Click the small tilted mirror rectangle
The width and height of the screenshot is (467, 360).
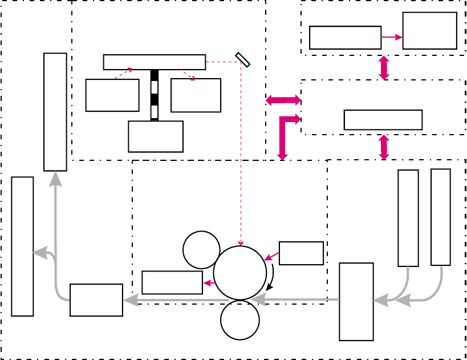(243, 60)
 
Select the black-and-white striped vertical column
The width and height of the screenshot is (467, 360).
(155, 95)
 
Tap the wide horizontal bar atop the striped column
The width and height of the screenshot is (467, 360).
(154, 62)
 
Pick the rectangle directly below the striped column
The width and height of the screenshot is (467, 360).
(156, 136)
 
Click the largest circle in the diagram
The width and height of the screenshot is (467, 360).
(240, 272)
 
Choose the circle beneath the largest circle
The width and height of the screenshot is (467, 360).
(240, 320)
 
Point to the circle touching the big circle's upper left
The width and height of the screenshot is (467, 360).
(201, 249)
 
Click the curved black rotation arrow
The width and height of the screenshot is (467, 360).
(271, 277)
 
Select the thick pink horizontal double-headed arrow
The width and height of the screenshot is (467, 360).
(283, 100)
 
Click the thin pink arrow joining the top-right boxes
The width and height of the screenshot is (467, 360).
(392, 38)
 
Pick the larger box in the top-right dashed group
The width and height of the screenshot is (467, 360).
(429, 31)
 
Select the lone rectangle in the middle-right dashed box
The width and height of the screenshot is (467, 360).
(383, 120)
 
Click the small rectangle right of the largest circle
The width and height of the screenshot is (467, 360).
(301, 253)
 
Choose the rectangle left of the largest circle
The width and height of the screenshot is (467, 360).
(172, 282)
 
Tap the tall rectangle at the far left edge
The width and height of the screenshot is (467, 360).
(22, 246)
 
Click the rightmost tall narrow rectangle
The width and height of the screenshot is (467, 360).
(441, 217)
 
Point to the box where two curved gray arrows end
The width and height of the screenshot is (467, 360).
(356, 301)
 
